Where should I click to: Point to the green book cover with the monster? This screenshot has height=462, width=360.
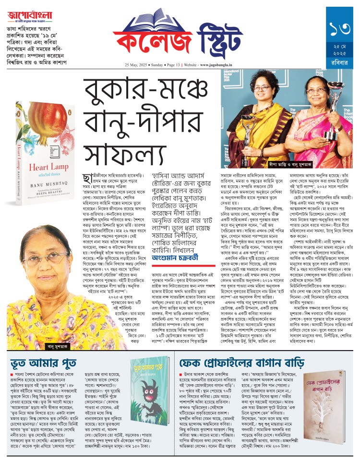146,401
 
